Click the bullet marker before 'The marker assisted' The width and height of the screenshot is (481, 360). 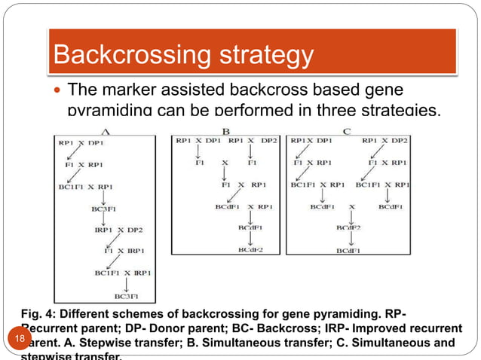[58, 91]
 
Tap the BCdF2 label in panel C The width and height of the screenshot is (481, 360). [348, 227]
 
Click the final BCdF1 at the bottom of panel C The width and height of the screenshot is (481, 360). [348, 250]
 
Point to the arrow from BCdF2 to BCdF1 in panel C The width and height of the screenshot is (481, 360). [348, 239]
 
